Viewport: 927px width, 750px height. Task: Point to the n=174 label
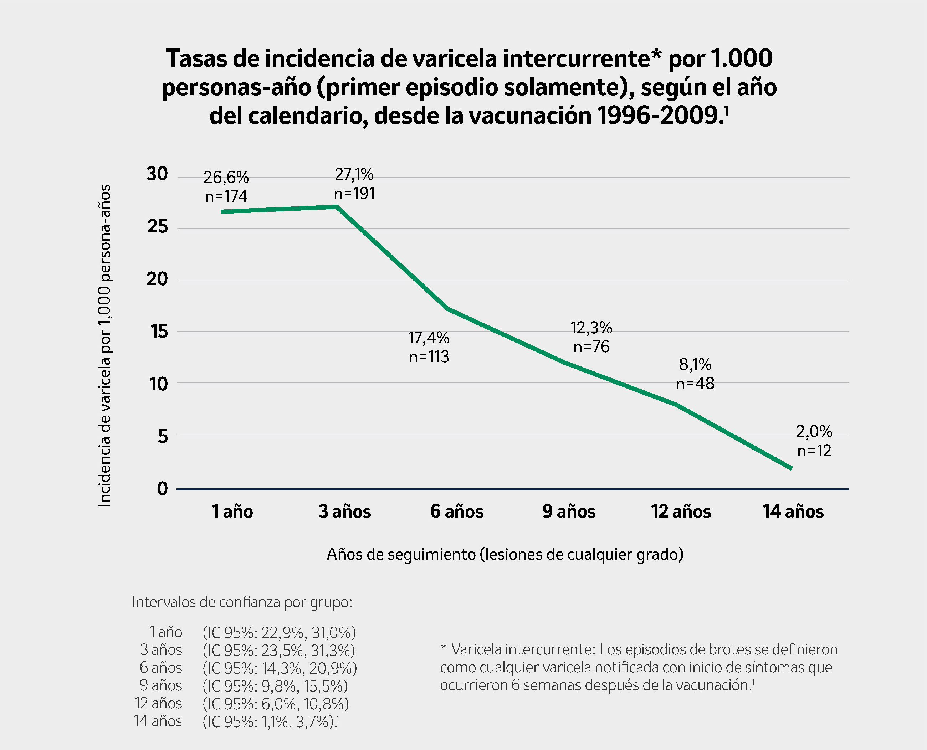(x=226, y=196)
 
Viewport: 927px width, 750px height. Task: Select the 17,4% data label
(x=429, y=338)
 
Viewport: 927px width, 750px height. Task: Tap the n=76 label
(x=591, y=347)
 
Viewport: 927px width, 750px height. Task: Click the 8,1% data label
(x=695, y=365)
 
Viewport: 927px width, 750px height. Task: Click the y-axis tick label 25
(x=158, y=226)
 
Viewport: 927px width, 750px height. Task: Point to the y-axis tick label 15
(x=159, y=332)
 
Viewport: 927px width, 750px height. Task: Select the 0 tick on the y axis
(x=163, y=489)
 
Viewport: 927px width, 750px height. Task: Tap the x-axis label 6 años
(x=456, y=512)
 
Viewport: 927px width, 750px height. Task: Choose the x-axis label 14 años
(x=793, y=512)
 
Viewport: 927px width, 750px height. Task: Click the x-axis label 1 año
(x=232, y=512)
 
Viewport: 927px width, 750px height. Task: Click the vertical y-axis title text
(x=104, y=346)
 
